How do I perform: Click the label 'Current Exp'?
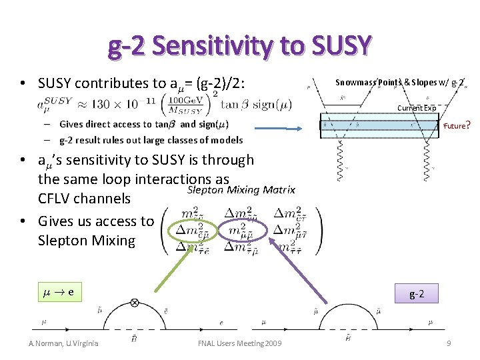(417, 108)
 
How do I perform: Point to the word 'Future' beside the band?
(455, 125)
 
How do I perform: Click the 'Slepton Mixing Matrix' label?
(241, 190)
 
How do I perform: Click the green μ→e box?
(59, 292)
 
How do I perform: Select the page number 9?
(449, 343)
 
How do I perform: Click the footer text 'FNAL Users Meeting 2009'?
(240, 343)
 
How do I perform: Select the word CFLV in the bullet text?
(55, 199)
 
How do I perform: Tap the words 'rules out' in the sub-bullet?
(122, 140)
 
